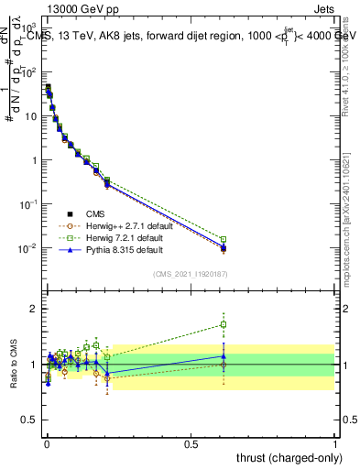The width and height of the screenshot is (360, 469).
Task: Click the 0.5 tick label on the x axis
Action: [x=191, y=442]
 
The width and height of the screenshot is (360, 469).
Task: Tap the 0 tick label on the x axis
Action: [x=46, y=442]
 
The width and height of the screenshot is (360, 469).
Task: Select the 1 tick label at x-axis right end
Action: [x=335, y=442]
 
